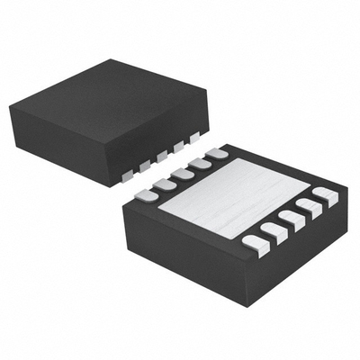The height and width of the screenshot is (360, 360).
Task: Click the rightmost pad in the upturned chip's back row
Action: tap(217, 155)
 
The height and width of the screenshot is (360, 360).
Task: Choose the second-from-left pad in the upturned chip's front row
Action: tap(274, 233)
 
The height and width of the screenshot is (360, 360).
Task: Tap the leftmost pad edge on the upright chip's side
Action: tap(129, 172)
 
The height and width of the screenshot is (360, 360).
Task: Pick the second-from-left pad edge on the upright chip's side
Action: tap(145, 164)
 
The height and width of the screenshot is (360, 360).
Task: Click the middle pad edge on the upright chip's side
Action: tap(162, 156)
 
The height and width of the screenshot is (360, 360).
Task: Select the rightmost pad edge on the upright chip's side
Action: tap(195, 139)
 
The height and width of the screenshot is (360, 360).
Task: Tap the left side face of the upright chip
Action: tap(63, 144)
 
